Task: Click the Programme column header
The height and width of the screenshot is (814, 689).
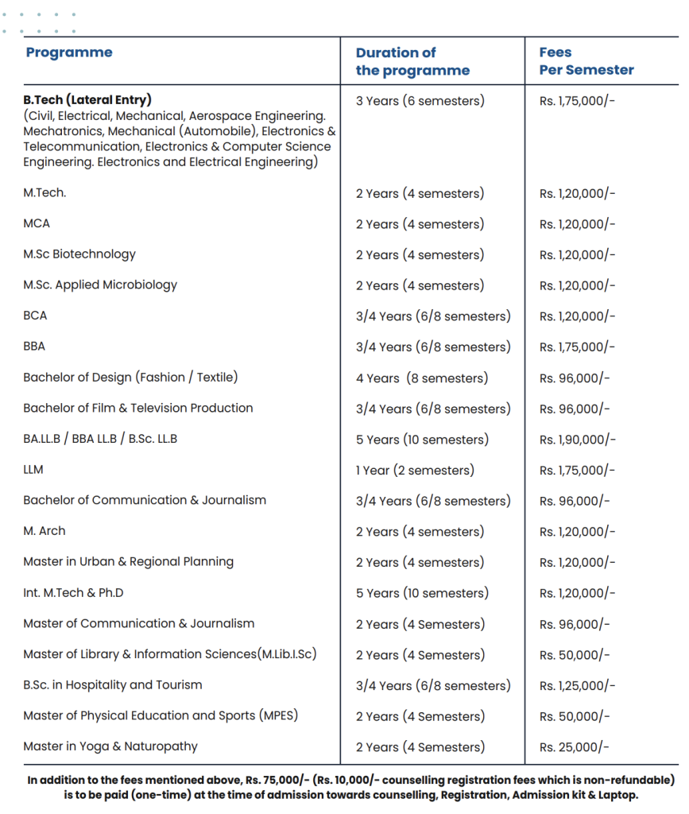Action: [69, 52]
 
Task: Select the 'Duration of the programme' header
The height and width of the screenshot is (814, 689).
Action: [412, 61]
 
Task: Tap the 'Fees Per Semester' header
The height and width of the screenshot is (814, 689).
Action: [586, 61]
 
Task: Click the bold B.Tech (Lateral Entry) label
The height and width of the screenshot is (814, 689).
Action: [87, 100]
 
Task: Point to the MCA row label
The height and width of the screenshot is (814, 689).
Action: [37, 223]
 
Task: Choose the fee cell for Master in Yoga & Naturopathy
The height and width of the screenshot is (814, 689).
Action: [575, 746]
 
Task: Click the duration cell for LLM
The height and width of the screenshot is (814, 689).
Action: [415, 470]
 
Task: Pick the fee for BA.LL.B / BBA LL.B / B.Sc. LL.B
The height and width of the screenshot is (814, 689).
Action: [577, 440]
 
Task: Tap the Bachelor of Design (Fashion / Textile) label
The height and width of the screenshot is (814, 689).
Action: [130, 378]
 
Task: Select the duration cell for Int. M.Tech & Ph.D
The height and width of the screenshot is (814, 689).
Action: [421, 593]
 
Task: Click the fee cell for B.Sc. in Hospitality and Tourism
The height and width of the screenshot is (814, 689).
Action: [577, 685]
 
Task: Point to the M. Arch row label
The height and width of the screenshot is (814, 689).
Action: [45, 531]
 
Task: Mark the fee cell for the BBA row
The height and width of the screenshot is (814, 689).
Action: [577, 347]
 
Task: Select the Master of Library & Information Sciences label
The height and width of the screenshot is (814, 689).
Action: [170, 654]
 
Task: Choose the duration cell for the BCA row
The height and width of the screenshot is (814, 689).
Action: [433, 316]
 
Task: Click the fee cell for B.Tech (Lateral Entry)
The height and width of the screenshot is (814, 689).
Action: [577, 101]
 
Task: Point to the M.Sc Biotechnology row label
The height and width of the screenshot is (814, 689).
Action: [79, 254]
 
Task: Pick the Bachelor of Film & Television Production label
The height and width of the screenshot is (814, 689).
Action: [138, 408]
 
